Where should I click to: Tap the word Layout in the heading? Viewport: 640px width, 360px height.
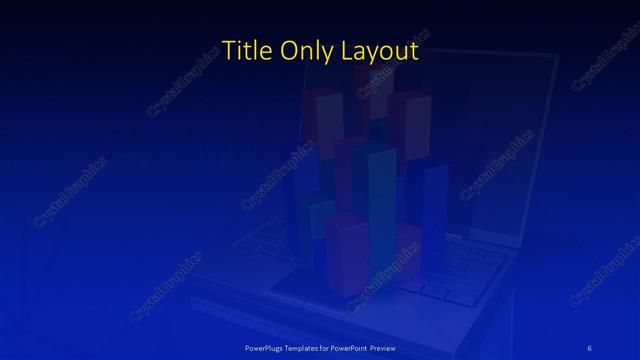click(x=381, y=51)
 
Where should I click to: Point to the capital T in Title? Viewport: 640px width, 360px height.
click(x=226, y=50)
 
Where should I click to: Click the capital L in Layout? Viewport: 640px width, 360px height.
click(x=350, y=50)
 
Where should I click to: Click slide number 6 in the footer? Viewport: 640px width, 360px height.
click(x=590, y=347)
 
